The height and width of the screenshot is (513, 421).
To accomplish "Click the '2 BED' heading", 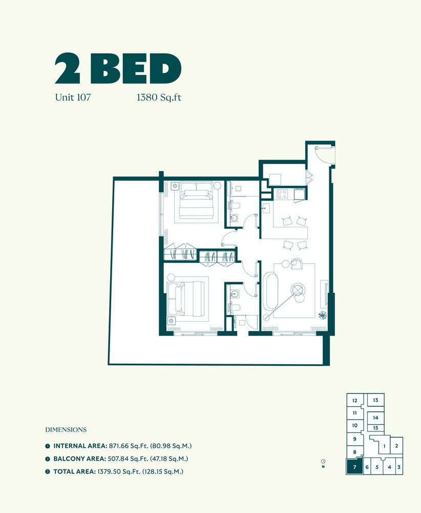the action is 118,69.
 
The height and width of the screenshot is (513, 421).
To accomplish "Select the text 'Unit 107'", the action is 73,97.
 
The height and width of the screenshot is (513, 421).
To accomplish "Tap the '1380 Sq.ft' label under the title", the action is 159,97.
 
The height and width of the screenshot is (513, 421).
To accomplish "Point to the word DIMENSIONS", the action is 66,429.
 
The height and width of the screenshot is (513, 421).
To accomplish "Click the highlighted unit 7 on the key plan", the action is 355,466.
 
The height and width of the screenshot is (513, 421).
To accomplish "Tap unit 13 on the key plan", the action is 375,400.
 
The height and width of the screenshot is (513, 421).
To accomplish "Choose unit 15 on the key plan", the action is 375,428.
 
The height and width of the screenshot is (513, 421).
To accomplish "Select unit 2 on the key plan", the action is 396,446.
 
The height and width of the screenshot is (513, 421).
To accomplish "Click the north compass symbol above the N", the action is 323,461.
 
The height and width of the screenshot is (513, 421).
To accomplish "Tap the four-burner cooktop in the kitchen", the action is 282,194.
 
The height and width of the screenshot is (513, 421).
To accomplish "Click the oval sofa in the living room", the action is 270,291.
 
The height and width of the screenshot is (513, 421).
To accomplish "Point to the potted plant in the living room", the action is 323,315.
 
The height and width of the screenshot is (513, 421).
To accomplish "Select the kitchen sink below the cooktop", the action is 265,208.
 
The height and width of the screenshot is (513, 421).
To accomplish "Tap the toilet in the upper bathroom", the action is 234,206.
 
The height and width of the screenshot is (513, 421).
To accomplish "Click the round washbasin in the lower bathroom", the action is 234,293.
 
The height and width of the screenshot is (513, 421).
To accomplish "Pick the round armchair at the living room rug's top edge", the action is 297,263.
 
